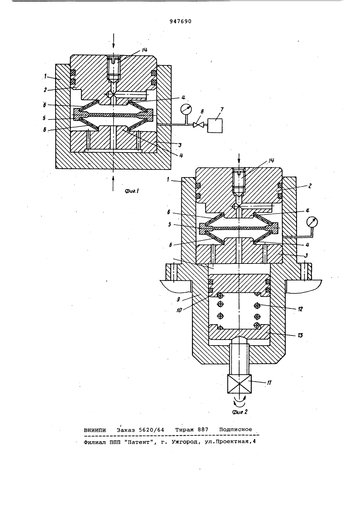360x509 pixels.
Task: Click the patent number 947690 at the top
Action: [x=180, y=21]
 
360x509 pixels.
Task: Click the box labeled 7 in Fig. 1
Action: [x=215, y=125]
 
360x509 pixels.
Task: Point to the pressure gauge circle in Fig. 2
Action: [x=312, y=222]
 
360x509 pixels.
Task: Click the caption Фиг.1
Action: [x=132, y=192]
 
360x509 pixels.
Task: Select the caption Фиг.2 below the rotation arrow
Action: [x=239, y=412]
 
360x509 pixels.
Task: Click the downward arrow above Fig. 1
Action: [x=113, y=41]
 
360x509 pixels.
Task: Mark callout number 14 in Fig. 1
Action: [x=144, y=50]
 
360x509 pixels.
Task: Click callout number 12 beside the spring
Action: [x=300, y=309]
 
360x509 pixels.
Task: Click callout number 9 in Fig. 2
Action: [x=179, y=299]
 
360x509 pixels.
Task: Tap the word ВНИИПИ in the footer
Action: [x=95, y=429]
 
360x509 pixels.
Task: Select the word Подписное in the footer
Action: [x=236, y=429]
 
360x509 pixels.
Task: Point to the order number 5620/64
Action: [x=151, y=429]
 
